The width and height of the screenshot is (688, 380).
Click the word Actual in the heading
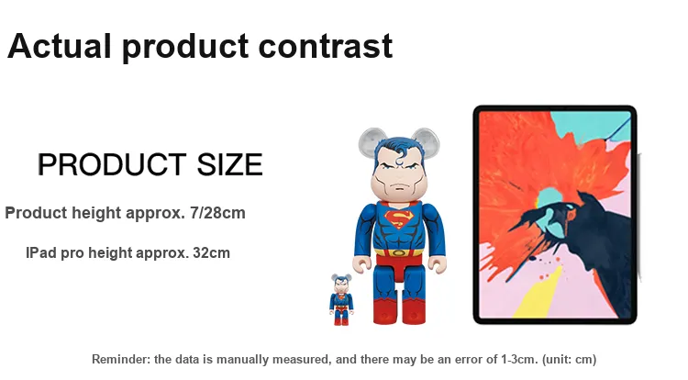(x=60, y=46)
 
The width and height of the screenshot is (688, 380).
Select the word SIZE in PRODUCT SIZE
(x=229, y=164)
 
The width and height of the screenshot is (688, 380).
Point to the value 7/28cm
(x=217, y=213)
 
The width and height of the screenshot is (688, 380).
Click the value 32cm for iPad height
(x=212, y=253)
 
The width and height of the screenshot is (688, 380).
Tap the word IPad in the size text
(x=41, y=253)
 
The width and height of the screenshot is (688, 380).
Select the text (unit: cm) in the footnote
(x=569, y=360)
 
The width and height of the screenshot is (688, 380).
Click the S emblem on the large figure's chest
(x=398, y=219)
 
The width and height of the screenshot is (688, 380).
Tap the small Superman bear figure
(x=341, y=300)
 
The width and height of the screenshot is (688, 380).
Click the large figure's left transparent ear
(x=372, y=140)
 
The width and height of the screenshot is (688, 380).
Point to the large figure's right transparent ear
(x=425, y=140)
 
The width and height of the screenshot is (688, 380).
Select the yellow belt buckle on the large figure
(x=398, y=252)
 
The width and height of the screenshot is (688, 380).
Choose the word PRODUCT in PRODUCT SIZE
(x=112, y=164)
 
